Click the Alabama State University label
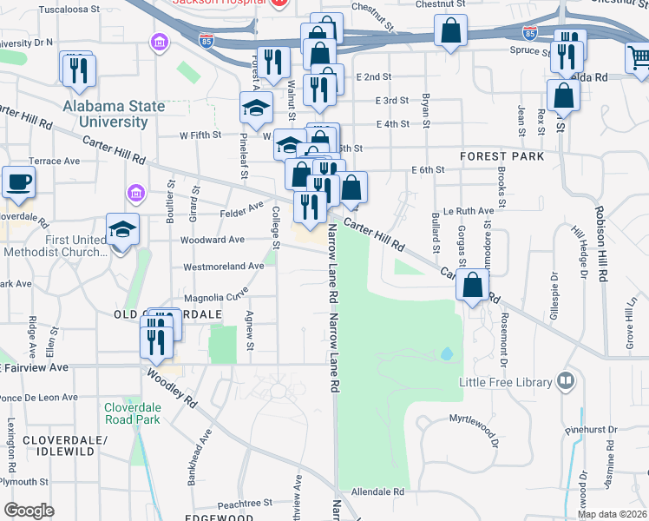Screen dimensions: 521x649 click(x=114, y=114)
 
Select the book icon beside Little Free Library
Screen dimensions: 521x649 click(x=567, y=381)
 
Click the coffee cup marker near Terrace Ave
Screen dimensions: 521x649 click(x=18, y=182)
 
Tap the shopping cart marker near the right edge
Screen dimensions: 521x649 click(x=639, y=57)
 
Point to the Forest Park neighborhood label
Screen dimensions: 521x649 click(x=502, y=156)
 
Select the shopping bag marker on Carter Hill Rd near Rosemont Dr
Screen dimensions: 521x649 click(x=472, y=285)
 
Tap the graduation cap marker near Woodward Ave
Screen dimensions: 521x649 click(x=122, y=230)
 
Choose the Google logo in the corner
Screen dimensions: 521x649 click(x=29, y=510)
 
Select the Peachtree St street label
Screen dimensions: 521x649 click(x=245, y=503)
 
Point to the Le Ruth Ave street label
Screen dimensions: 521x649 click(x=469, y=211)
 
